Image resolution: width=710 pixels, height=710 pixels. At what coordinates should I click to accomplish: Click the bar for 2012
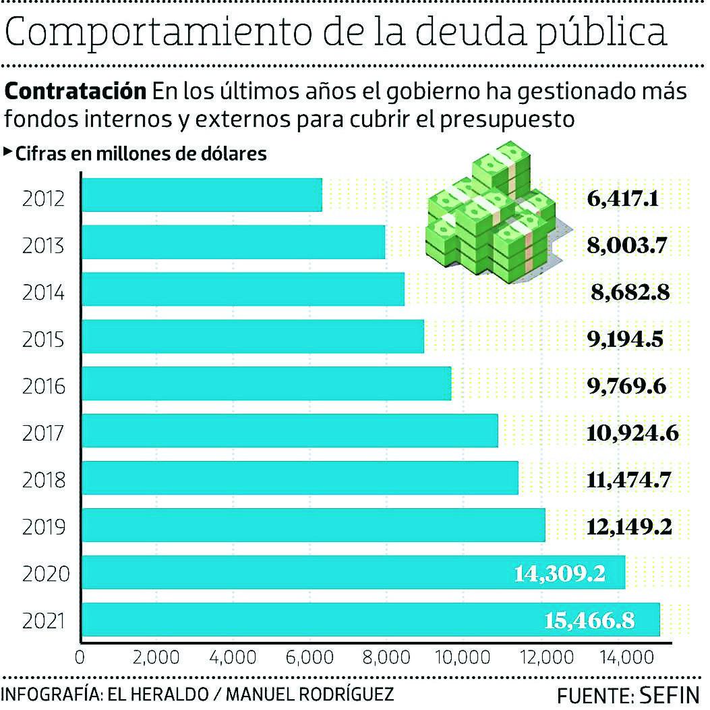[x=202, y=195]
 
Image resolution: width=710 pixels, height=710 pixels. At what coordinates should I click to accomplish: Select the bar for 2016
[x=266, y=383]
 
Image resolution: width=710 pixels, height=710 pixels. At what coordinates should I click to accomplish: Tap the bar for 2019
[x=314, y=525]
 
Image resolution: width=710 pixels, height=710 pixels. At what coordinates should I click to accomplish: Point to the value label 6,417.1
[x=622, y=199]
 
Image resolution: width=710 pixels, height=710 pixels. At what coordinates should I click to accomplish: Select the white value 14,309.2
[x=559, y=574]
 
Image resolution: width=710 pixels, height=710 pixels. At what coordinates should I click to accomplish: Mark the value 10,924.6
[x=632, y=433]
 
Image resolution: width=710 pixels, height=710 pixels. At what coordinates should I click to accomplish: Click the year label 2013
[x=42, y=246]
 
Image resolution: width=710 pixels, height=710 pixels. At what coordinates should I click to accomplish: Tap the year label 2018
[x=42, y=481]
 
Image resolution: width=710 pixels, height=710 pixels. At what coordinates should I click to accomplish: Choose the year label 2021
[x=42, y=621]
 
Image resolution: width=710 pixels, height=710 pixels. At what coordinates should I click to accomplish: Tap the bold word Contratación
[x=76, y=91]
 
